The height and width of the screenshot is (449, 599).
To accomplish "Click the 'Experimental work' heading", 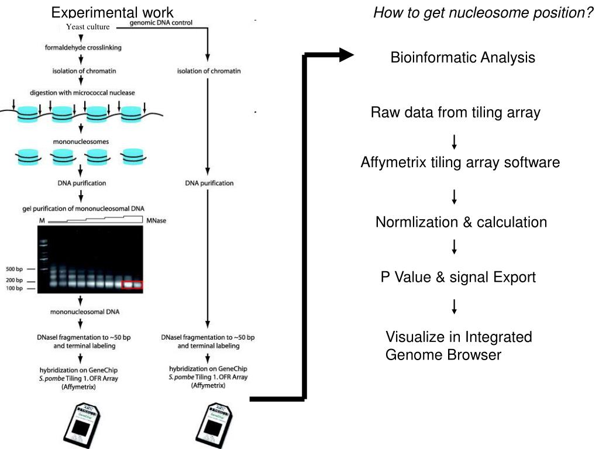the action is point(112,13).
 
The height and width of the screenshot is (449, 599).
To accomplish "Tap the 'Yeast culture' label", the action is point(88,27).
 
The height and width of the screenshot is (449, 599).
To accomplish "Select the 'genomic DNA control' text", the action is point(161,23).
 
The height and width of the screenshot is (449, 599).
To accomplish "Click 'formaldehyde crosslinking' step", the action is point(83,48).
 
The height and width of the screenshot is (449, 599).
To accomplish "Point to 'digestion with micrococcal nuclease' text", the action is point(82,93).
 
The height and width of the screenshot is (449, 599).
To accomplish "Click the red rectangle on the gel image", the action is point(132,285).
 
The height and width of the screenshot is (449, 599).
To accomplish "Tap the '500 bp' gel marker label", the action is point(14,269).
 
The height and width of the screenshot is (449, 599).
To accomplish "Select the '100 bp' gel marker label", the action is point(14,288).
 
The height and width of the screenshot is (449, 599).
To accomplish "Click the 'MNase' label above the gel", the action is point(156,220).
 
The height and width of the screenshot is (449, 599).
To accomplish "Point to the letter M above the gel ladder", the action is point(42,220).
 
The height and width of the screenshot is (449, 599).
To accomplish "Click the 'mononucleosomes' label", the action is point(81,141).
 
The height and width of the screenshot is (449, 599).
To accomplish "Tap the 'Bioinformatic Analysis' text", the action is point(463,58).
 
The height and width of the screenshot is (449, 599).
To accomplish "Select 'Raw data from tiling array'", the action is point(455,113).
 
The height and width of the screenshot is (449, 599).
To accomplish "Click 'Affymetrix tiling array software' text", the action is point(460,163).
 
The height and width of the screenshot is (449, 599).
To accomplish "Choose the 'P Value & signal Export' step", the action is point(458,277).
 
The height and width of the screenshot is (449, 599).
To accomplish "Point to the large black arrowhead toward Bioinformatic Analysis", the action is point(346,55).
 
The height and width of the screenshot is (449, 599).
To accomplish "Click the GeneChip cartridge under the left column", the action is point(82,425).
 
